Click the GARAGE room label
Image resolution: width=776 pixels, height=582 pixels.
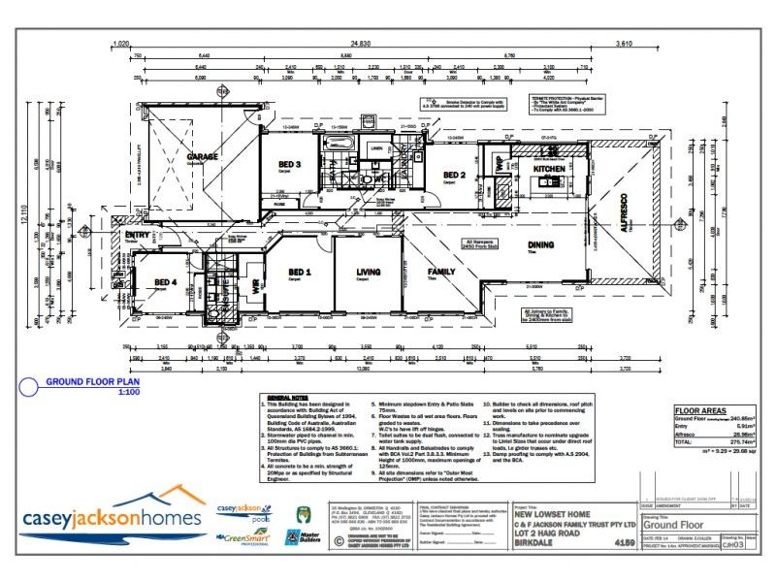tap(203, 156)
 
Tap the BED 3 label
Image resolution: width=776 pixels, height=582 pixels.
tap(290, 165)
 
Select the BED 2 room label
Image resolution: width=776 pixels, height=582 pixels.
tap(456, 175)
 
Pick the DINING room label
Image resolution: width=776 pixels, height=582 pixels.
tap(540, 245)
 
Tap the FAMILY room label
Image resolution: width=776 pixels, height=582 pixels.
tap(441, 273)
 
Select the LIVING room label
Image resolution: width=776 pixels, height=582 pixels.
tap(369, 273)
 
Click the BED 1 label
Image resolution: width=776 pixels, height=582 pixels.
tap(300, 273)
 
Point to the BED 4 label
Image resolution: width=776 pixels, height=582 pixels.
tap(165, 282)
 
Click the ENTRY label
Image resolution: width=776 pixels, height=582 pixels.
tap(135, 235)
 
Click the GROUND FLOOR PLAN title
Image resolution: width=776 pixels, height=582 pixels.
tap(93, 381)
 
